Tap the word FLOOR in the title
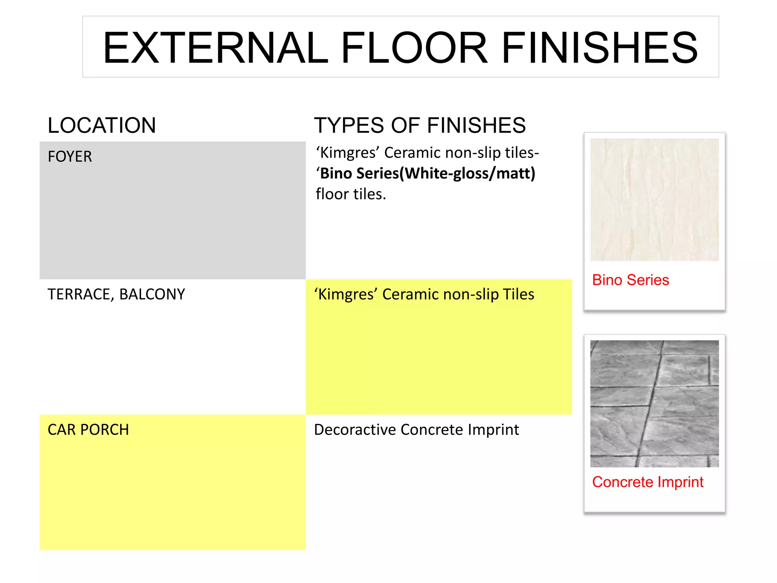pyautogui.click(x=414, y=48)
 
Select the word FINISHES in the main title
pyautogui.click(x=600, y=48)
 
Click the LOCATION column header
pyautogui.click(x=102, y=126)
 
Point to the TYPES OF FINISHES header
pyautogui.click(x=420, y=126)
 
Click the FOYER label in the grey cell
pyautogui.click(x=70, y=157)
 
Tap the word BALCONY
pyautogui.click(x=152, y=295)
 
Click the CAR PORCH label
pyautogui.click(x=88, y=430)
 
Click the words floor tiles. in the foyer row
pyautogui.click(x=351, y=194)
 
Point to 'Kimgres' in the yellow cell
pyautogui.click(x=346, y=295)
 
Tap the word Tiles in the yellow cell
pyautogui.click(x=518, y=295)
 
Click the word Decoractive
pyautogui.click(x=355, y=430)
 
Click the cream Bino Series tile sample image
pyautogui.click(x=654, y=200)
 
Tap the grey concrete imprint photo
pyautogui.click(x=654, y=403)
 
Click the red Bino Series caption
pyautogui.click(x=631, y=280)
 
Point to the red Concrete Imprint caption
pyautogui.click(x=648, y=482)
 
